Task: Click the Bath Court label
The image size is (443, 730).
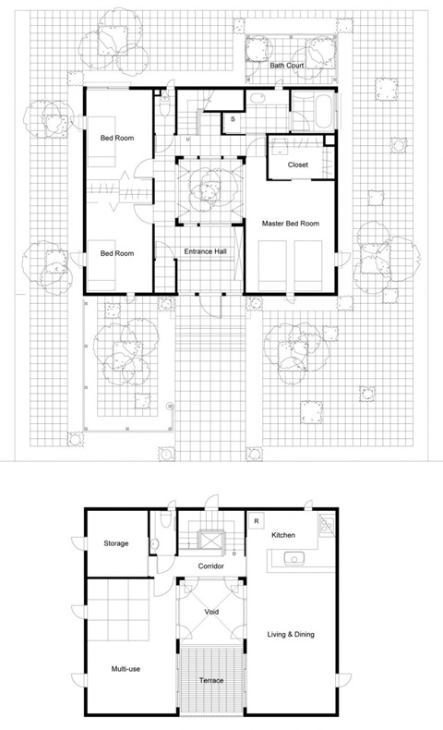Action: pyautogui.click(x=287, y=66)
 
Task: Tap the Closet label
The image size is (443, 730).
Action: pyautogui.click(x=298, y=164)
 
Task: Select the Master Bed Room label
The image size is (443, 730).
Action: pyautogui.click(x=291, y=224)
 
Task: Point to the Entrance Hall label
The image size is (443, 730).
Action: pyautogui.click(x=206, y=251)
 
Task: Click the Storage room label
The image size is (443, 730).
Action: pyautogui.click(x=116, y=543)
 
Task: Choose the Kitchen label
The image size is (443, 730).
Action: pyautogui.click(x=283, y=535)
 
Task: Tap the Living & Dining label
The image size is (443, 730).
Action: pyautogui.click(x=291, y=634)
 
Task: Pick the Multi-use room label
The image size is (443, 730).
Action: pyautogui.click(x=126, y=669)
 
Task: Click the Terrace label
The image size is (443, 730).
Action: pyautogui.click(x=211, y=680)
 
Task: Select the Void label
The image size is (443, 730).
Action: pyautogui.click(x=211, y=612)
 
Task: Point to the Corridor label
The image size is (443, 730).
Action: pyautogui.click(x=211, y=566)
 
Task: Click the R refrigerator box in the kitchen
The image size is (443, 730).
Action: pyautogui.click(x=257, y=521)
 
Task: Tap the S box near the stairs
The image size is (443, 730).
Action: pyautogui.click(x=233, y=119)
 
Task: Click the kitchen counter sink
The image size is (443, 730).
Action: pyautogui.click(x=293, y=557)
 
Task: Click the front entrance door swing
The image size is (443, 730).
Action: pyautogui.click(x=210, y=308)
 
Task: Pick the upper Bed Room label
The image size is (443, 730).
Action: pyautogui.click(x=117, y=138)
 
